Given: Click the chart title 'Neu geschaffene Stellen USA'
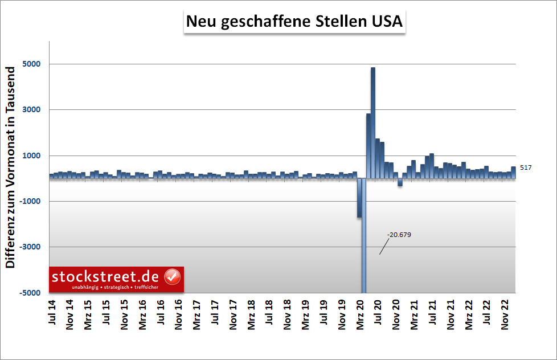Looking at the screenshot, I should click(x=294, y=22).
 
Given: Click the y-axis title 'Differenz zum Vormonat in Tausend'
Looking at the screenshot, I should click(x=10, y=167).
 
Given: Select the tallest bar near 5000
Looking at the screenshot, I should click(x=373, y=122).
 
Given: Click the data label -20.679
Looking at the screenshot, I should click(x=399, y=235).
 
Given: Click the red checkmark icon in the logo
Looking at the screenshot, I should click(x=172, y=277).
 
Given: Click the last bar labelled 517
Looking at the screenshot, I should click(x=513, y=173).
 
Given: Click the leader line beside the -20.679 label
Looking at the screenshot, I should click(x=384, y=246).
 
